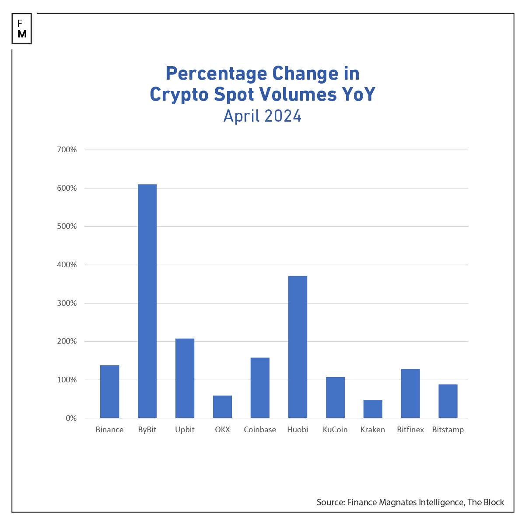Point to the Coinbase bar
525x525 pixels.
point(260,388)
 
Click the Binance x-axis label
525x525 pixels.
point(109,430)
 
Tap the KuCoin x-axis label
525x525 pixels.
point(335,430)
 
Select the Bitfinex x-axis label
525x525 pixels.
point(410,430)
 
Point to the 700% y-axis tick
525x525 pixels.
point(67,150)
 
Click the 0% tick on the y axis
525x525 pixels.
point(71,418)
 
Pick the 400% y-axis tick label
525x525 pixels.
point(67,265)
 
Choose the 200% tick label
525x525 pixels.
point(67,341)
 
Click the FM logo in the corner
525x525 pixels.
point(22,29)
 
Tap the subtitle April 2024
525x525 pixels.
point(262,116)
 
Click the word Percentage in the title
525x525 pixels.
point(217,73)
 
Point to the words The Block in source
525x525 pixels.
point(486,502)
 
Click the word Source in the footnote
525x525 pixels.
point(330,502)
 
